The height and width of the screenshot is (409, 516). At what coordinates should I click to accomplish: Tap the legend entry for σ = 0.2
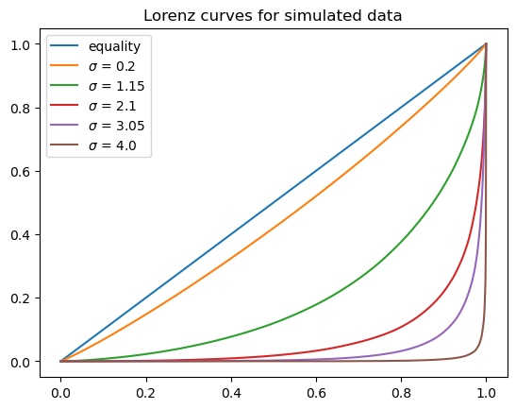(x=112, y=66)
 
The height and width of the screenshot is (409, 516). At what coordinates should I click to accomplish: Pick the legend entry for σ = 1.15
(x=116, y=86)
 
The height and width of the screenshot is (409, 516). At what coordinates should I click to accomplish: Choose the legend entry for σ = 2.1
(x=112, y=107)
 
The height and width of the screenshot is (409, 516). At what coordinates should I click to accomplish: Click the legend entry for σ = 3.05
(x=116, y=127)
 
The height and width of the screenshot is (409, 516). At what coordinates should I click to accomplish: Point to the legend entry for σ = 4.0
(x=112, y=146)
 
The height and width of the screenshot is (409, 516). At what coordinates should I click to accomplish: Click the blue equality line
(x=274, y=202)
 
